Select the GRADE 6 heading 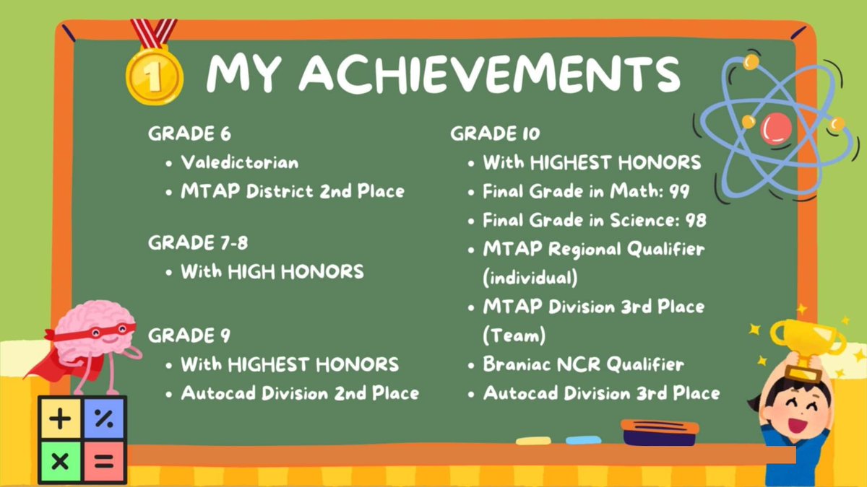[x=189, y=133]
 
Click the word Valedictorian [x=239, y=162]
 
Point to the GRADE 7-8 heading [x=198, y=243]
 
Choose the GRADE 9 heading [x=189, y=335]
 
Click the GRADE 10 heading [x=495, y=133]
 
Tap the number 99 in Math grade [x=678, y=191]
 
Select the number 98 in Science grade [x=695, y=220]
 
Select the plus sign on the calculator [x=60, y=419]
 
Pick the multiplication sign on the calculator [x=60, y=462]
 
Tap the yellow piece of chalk [x=532, y=440]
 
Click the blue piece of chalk [x=582, y=439]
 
